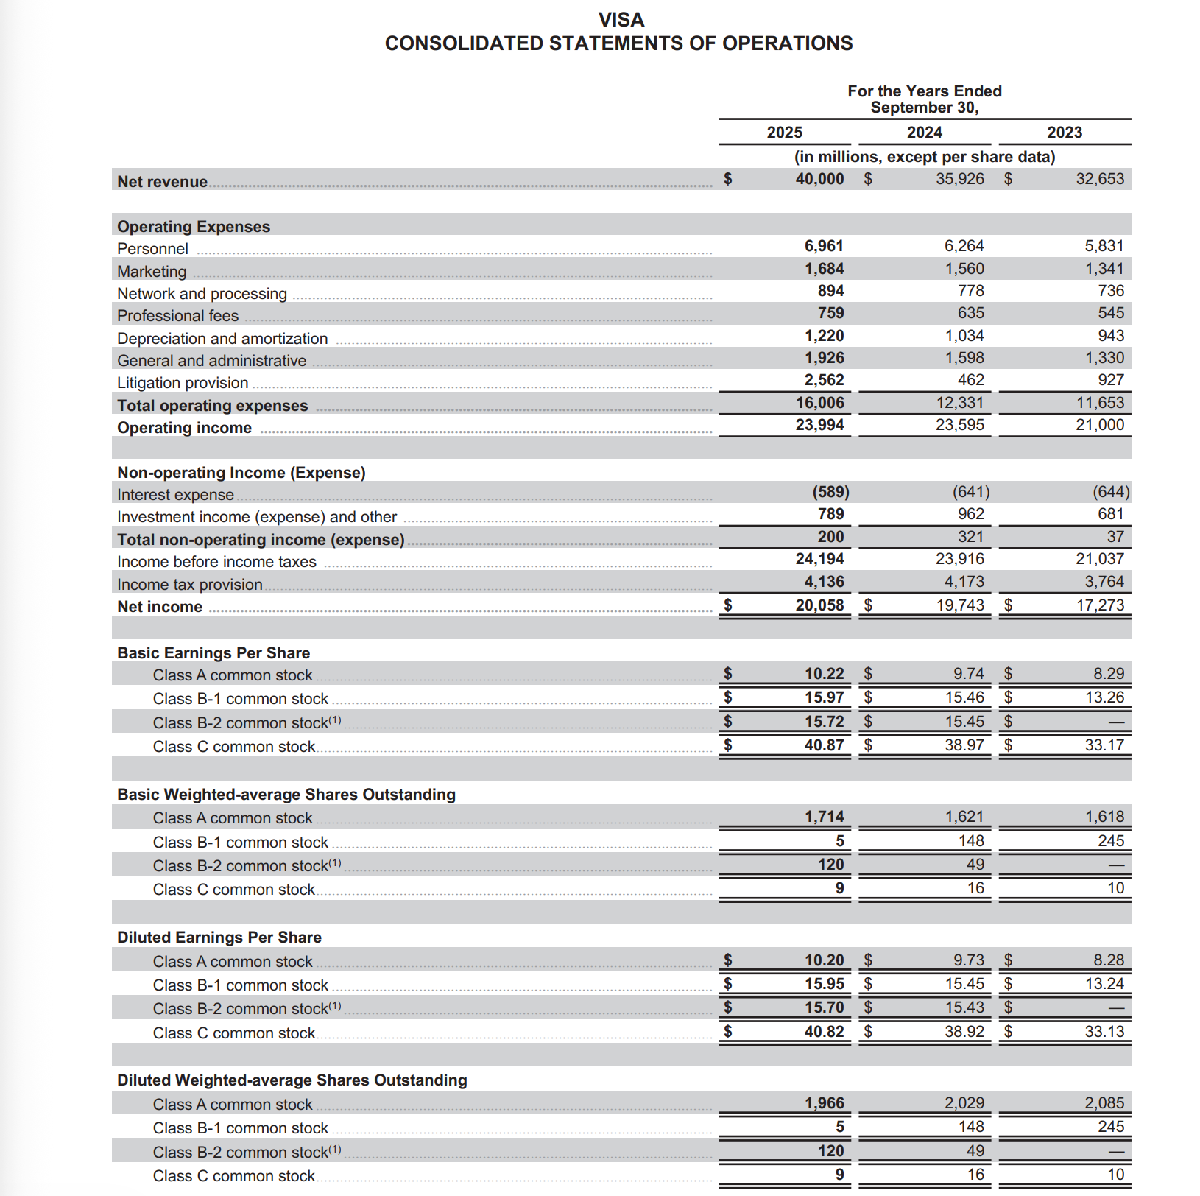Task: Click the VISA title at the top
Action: click(621, 20)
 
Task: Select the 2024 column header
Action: click(924, 133)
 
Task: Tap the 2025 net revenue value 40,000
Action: click(819, 179)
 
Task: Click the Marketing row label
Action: click(152, 272)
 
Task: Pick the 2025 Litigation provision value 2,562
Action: click(824, 380)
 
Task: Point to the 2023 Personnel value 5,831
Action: click(1104, 246)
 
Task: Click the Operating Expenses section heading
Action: click(194, 227)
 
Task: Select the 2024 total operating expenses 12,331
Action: click(959, 403)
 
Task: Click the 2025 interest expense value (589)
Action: click(830, 492)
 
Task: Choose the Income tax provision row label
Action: click(190, 585)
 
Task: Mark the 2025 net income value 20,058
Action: click(819, 605)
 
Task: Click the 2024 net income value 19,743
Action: click(959, 605)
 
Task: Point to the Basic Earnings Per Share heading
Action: click(213, 653)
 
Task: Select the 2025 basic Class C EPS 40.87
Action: click(824, 745)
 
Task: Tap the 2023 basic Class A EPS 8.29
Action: click(1108, 674)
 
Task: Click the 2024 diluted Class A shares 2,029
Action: click(964, 1103)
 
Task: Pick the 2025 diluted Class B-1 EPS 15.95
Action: click(824, 984)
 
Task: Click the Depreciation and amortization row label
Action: click(222, 339)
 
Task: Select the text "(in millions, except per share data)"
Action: click(924, 157)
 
